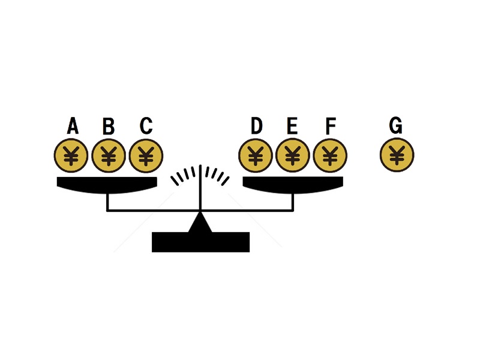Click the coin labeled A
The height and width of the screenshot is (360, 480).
pos(71,155)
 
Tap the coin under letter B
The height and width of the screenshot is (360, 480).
pos(109,155)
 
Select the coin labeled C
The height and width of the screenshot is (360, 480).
pos(146,155)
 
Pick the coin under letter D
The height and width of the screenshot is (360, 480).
pos(256,155)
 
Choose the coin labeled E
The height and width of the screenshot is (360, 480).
pos(293,155)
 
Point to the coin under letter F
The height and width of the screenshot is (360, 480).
pos(330,155)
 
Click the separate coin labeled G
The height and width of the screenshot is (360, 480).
pos(397,155)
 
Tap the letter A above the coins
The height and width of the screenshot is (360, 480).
pos(73,125)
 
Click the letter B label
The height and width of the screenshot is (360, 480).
pos(109,126)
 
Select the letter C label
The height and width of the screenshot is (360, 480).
pos(146,125)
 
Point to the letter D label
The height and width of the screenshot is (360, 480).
pos(257,125)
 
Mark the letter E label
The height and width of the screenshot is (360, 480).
pos(292,125)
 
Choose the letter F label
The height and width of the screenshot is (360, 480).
pos(331,126)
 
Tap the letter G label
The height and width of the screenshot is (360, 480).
pos(395,125)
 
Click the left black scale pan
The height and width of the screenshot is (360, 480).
pos(107,185)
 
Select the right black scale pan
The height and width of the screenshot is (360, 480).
pos(293,185)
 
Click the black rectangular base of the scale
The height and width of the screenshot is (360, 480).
pos(201,242)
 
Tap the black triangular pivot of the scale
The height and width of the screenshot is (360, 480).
pos(200,223)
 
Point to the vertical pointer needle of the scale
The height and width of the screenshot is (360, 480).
pos(200,188)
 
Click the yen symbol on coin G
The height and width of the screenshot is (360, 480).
pos(397,155)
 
